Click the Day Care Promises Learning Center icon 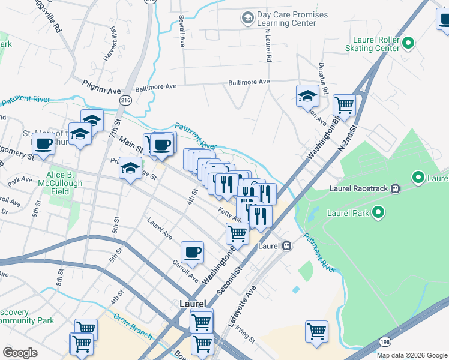pos(247,18)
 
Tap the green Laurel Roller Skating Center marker pos(408,42)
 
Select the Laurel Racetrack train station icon pos(395,189)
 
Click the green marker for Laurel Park pos(378,212)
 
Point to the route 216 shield pos(125,99)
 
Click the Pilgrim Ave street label pos(102,90)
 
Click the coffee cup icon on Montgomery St pos(43,145)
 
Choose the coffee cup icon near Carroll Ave pos(192,253)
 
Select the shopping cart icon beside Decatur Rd pos(345,105)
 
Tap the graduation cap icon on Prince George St pos(130,168)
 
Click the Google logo pos(20,353)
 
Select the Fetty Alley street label pos(229,215)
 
